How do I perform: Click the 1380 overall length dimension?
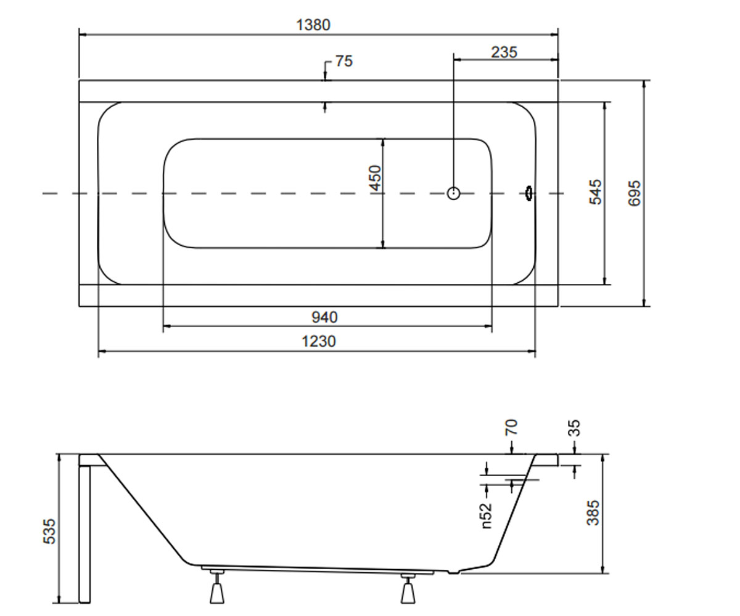[313, 25]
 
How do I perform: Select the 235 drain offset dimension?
[504, 52]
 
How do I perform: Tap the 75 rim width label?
[343, 61]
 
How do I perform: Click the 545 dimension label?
[595, 192]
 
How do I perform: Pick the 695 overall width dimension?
[635, 193]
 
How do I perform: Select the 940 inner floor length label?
[324, 317]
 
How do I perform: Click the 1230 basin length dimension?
[318, 342]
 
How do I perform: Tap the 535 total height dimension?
[49, 531]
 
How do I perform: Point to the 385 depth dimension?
[593, 513]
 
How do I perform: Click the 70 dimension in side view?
[511, 427]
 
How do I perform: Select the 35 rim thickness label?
[574, 428]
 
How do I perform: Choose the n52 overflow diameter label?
[487, 516]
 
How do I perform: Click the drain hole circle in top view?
[453, 193]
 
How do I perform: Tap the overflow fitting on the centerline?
[530, 193]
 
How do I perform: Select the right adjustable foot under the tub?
[408, 588]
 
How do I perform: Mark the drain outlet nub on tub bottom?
[454, 572]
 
